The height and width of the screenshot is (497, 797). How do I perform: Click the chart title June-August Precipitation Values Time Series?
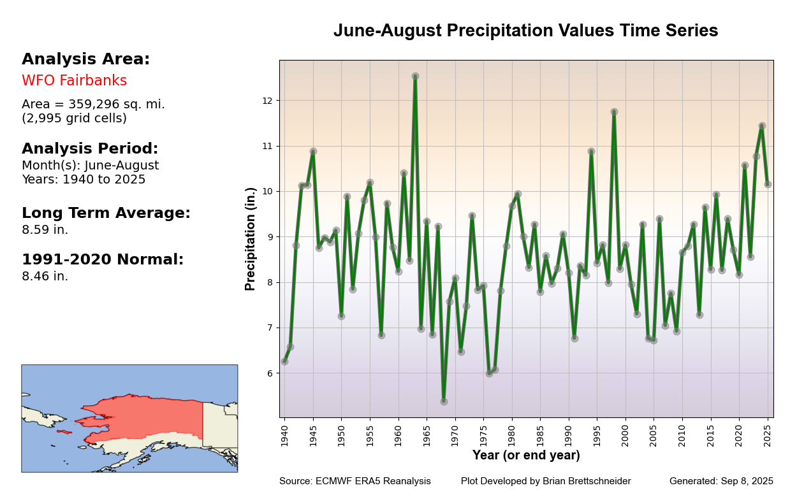pos(525,30)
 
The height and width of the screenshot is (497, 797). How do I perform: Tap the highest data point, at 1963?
pos(415,76)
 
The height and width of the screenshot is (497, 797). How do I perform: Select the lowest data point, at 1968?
pos(444,401)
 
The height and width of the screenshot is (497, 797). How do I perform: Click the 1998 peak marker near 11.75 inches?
pos(614,112)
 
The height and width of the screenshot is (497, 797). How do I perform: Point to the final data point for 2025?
pos(768,184)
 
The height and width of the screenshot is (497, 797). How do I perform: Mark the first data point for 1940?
pos(284,361)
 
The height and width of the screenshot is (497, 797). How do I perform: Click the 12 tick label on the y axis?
pos(267,101)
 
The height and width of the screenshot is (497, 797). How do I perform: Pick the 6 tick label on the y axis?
pos(269,373)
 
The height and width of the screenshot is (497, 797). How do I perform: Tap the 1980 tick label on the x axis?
pos(511,436)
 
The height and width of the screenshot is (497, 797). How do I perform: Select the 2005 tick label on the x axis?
pos(654,436)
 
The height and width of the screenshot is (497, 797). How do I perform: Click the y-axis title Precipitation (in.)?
pos(250,239)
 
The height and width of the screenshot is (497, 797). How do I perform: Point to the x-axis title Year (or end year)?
pos(526,456)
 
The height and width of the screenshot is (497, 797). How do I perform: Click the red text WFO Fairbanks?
pos(75,81)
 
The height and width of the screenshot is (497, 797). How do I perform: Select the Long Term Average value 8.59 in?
pos(45,229)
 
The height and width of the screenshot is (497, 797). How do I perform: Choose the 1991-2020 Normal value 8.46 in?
pos(45,277)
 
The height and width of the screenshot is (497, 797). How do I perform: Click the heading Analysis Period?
pos(90,148)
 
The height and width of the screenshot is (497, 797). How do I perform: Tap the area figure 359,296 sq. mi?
pos(117,104)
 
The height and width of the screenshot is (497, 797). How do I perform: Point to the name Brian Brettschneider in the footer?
pos(587,481)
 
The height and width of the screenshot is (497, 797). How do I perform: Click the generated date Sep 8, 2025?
pos(747,481)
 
